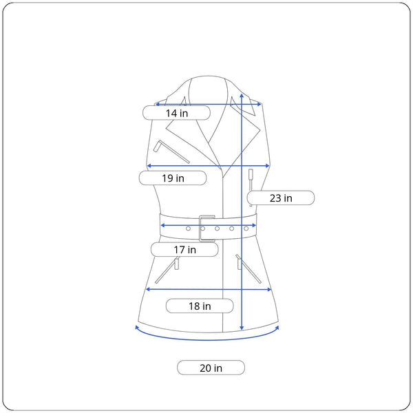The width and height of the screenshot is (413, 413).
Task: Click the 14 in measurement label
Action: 176,113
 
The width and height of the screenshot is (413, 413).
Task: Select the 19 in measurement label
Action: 173,178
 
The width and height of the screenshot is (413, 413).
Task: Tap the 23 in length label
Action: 281,198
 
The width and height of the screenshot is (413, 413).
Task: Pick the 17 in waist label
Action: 184,249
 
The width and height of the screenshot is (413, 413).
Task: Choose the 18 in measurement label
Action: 200,306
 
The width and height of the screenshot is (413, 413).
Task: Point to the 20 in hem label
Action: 211,368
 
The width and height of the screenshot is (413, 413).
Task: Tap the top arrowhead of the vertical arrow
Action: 242,96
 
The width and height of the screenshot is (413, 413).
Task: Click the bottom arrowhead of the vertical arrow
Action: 242,328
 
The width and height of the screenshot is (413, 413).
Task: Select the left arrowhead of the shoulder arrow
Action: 158,104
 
